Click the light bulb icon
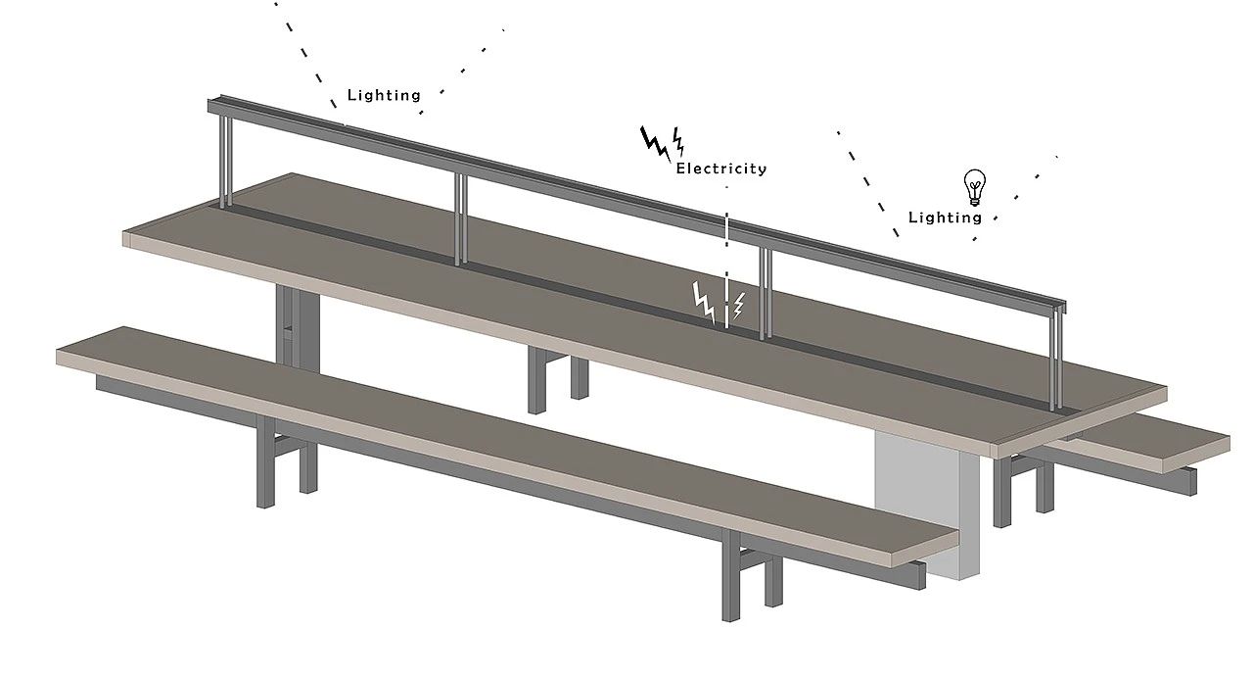pos(974,187)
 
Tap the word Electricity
pos(721,169)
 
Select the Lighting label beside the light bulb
pos(945,218)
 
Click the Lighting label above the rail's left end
pos(384,95)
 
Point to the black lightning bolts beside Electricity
pos(663,143)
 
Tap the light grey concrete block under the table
pos(926,504)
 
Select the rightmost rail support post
pos(1056,359)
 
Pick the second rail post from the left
pos(460,219)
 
